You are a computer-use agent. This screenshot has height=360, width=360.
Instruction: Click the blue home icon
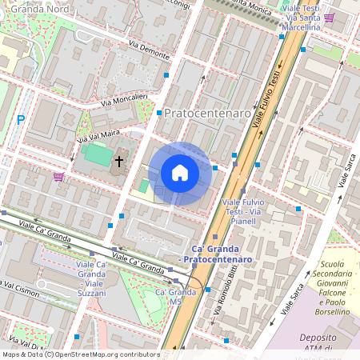pyautogui.click(x=180, y=173)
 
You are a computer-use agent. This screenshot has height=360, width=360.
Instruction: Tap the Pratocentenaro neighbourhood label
pyautogui.click(x=208, y=114)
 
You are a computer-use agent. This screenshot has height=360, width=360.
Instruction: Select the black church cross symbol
pyautogui.click(x=119, y=161)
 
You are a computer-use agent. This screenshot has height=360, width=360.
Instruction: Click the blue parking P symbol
pyautogui.click(x=21, y=120)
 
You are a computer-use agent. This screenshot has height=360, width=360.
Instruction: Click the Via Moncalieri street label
pyautogui.click(x=124, y=99)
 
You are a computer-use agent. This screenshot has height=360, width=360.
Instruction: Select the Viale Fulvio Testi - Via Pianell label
pyautogui.click(x=247, y=212)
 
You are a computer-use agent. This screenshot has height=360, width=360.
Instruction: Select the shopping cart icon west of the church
pyautogui.click(x=58, y=176)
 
